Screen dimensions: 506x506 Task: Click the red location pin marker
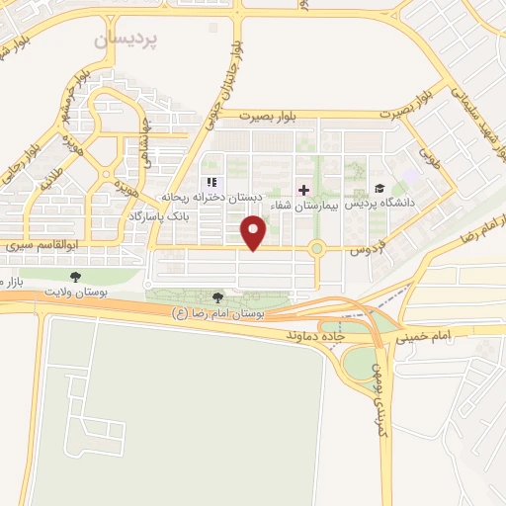(x=255, y=233)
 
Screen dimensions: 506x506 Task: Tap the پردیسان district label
(x=126, y=41)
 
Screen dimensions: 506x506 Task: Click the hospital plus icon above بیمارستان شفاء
(x=303, y=189)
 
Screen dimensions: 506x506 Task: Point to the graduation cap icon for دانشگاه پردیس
(x=379, y=189)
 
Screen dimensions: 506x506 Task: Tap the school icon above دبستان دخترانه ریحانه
(x=210, y=183)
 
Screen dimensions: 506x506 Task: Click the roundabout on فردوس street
(x=317, y=250)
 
